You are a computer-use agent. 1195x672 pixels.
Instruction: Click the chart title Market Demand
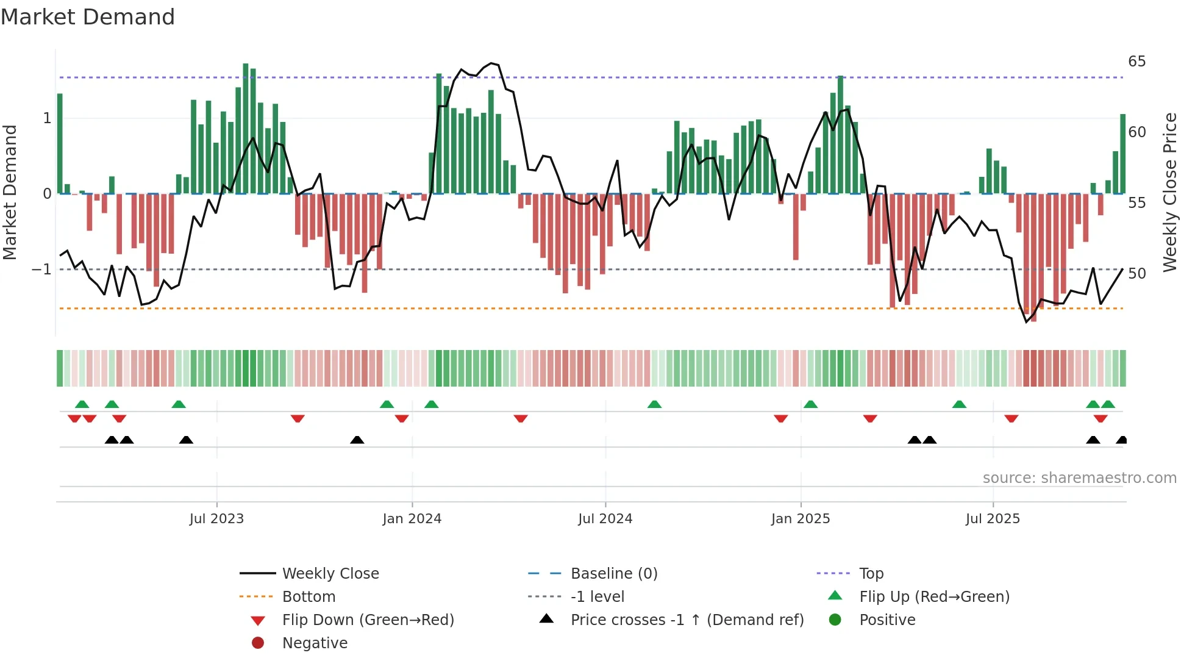click(88, 17)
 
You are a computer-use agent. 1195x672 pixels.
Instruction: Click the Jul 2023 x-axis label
click(216, 519)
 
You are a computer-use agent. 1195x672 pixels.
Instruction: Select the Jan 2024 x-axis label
click(412, 519)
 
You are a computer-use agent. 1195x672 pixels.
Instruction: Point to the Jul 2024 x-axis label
click(605, 519)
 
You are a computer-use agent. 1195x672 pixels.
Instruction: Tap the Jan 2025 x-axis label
click(800, 519)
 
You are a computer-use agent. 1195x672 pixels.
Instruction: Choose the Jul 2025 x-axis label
click(993, 519)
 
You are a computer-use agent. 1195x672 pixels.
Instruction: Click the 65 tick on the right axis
click(1136, 62)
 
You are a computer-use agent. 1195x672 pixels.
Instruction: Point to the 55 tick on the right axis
click(1136, 203)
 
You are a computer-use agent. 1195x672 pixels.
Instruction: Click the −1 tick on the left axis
click(41, 270)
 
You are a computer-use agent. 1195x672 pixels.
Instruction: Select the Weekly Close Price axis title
click(1169, 192)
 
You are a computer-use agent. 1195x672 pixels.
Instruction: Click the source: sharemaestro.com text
click(1079, 478)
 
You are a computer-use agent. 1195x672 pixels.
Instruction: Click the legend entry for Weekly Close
click(330, 574)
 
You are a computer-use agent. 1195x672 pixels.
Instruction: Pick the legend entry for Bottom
click(309, 597)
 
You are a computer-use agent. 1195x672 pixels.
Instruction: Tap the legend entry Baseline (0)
click(613, 574)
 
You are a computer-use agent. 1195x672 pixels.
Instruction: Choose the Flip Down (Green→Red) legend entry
click(368, 620)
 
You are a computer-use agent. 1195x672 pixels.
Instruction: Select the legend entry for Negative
click(315, 643)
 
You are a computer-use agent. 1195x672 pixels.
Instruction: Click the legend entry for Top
click(871, 574)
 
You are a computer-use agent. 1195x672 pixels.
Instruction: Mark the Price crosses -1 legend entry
click(687, 620)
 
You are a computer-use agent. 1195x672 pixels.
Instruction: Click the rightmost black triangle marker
click(1121, 440)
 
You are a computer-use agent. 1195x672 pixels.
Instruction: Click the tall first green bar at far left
click(60, 143)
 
